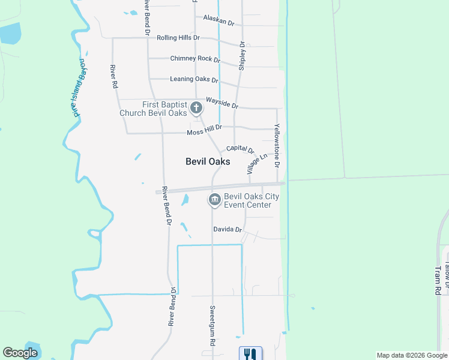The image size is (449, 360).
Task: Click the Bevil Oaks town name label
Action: pyautogui.click(x=207, y=161)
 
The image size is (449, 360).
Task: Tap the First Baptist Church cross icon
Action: pyautogui.click(x=196, y=108)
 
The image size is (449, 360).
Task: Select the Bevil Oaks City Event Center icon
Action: pyautogui.click(x=214, y=200)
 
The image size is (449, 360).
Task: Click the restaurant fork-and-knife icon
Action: pyautogui.click(x=250, y=354)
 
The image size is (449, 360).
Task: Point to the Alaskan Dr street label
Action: pyautogui.click(x=218, y=20)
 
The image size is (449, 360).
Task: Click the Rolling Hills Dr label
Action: pyautogui.click(x=178, y=38)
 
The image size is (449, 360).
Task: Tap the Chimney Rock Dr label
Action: pyautogui.click(x=195, y=59)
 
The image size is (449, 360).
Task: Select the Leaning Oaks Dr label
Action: pyautogui.click(x=193, y=79)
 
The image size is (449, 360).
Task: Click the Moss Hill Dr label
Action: pyautogui.click(x=204, y=128)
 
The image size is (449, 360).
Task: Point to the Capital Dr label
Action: pyautogui.click(x=240, y=149)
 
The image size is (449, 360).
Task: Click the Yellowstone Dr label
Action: pyautogui.click(x=277, y=146)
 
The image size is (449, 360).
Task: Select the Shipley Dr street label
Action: pyautogui.click(x=243, y=56)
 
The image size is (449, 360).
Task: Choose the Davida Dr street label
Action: pyautogui.click(x=228, y=230)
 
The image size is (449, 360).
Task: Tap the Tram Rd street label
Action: pyautogui.click(x=438, y=281)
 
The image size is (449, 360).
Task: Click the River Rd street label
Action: pyautogui.click(x=113, y=77)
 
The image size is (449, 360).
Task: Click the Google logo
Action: pyautogui.click(x=20, y=353)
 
